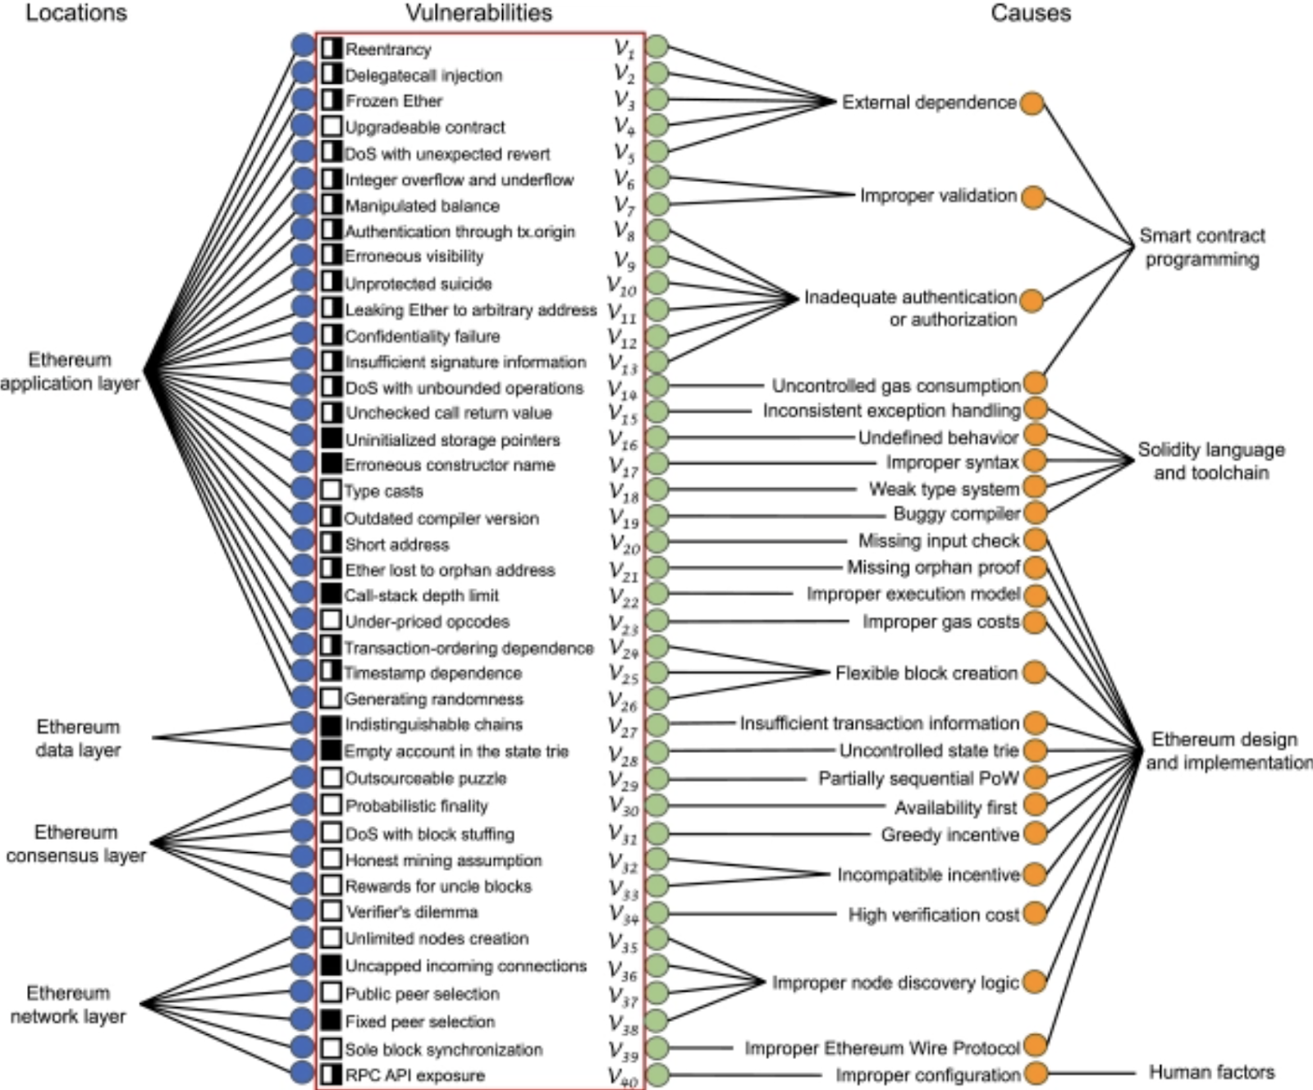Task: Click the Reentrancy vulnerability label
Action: click(387, 49)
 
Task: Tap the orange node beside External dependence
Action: click(1032, 103)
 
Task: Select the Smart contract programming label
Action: click(1202, 248)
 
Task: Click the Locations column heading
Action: click(76, 13)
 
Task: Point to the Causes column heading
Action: click(1031, 13)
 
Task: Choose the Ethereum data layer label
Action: click(78, 738)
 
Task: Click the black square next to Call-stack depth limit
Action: click(331, 595)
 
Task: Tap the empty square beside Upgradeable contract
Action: click(331, 127)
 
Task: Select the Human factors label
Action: click(1211, 1072)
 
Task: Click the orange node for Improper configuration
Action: click(1036, 1073)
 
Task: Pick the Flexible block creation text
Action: click(926, 673)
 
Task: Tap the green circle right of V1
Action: click(656, 47)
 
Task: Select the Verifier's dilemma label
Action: click(411, 912)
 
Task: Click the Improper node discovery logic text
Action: click(895, 983)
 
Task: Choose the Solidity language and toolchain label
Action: click(1211, 461)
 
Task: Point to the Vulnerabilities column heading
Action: click(478, 13)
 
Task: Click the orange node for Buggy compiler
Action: click(1036, 513)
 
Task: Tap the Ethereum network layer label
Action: click(68, 1005)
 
